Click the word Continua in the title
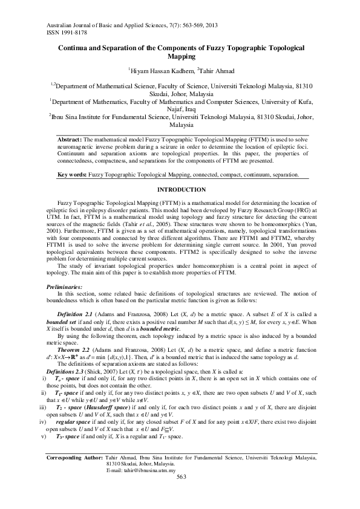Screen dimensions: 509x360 76,47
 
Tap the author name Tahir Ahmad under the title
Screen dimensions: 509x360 217,71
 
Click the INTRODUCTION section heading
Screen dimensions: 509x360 180,190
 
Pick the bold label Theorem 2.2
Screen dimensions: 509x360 76,350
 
